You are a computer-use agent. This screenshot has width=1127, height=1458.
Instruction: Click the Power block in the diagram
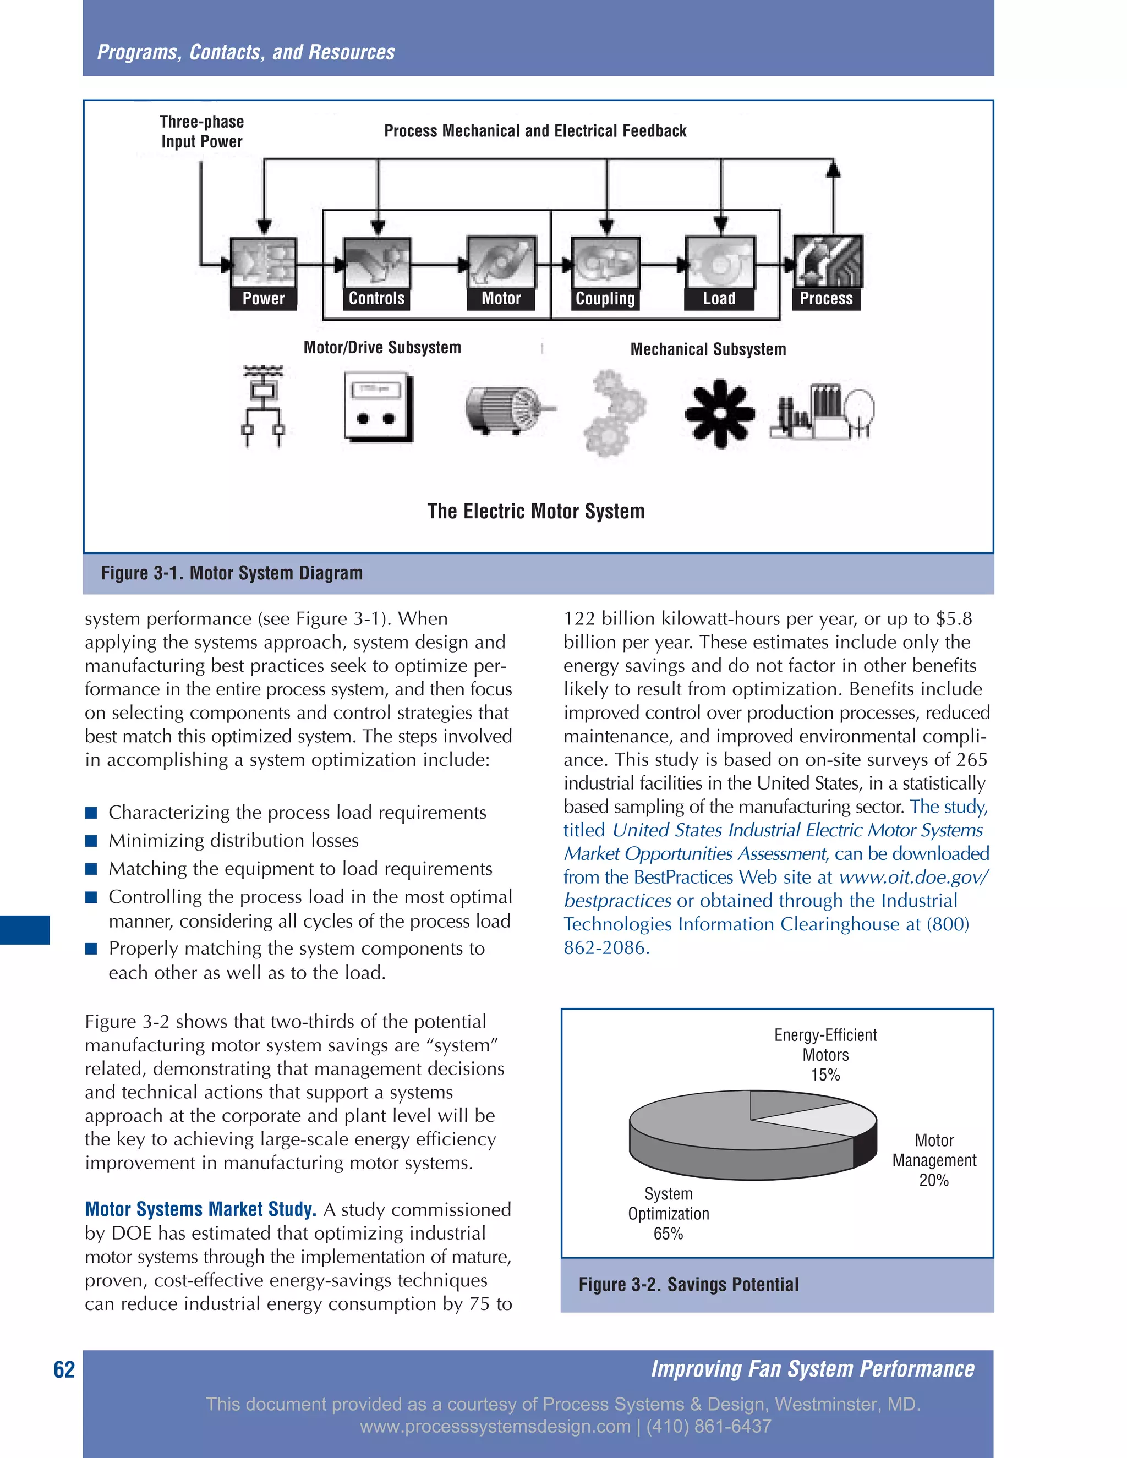(263, 272)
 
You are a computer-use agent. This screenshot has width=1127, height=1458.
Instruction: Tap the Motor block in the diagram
(501, 272)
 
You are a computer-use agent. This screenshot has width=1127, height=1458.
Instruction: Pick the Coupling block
(605, 273)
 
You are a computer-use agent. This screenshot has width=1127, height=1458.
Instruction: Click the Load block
(720, 272)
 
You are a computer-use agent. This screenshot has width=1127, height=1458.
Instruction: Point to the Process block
(827, 272)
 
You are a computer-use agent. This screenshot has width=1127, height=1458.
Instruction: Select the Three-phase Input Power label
(201, 131)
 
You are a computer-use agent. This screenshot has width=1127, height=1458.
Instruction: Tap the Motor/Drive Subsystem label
(382, 347)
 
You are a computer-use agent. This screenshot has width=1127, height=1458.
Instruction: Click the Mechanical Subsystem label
(708, 349)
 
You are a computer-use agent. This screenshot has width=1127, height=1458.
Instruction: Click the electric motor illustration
(507, 409)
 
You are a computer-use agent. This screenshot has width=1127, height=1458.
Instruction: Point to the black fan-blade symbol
(719, 413)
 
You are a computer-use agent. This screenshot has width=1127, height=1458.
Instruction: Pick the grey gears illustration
(614, 413)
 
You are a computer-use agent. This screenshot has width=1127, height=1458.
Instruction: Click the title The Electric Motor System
(535, 511)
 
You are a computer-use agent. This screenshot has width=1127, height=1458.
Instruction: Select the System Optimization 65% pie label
(668, 1213)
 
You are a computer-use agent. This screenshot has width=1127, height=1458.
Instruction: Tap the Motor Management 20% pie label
(933, 1160)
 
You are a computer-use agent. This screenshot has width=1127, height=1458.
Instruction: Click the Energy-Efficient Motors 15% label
(825, 1054)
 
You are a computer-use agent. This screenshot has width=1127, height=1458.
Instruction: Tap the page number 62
(64, 1370)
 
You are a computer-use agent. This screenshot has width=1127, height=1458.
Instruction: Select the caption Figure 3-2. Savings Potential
(688, 1285)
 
